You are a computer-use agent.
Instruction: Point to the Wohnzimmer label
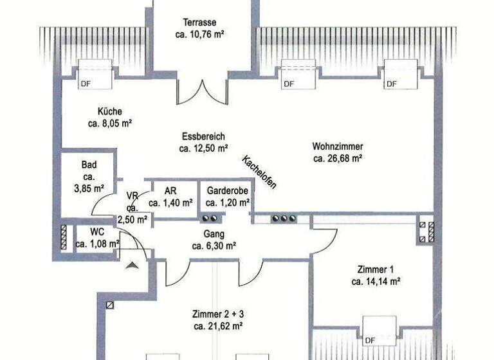point(338,145)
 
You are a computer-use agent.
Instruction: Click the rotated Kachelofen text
point(259,172)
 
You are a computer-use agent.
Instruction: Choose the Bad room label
point(89,165)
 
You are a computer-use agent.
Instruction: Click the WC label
point(97,232)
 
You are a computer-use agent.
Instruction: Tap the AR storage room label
point(170,191)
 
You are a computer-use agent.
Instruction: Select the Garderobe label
point(228,191)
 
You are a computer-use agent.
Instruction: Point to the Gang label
point(214,234)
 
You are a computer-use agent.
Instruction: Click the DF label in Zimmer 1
point(370,340)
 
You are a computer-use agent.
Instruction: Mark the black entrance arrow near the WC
point(133,264)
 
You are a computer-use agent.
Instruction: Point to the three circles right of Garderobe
point(284,219)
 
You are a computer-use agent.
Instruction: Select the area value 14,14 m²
point(376,282)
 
